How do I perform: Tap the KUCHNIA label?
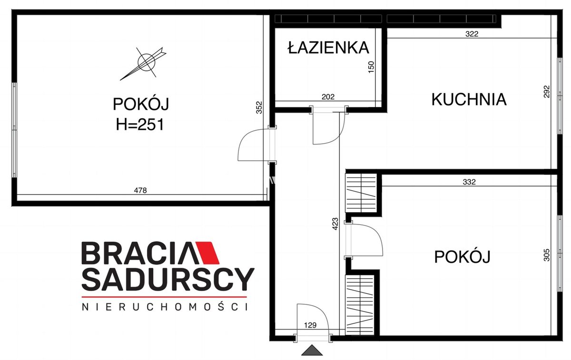(x=469, y=99)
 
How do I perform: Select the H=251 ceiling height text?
(x=140, y=125)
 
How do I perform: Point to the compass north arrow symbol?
(x=144, y=63)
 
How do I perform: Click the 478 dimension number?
(x=140, y=190)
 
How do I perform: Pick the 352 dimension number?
(x=259, y=107)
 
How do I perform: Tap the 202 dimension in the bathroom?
(x=328, y=97)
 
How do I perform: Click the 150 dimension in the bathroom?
(x=372, y=67)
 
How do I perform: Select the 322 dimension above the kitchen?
(x=472, y=34)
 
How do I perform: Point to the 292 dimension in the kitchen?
(x=547, y=91)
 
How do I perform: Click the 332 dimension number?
(x=469, y=182)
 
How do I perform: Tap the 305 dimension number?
(x=547, y=255)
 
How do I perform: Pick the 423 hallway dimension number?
(x=335, y=224)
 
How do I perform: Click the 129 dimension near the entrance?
(x=310, y=325)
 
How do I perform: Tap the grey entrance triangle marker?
(x=312, y=350)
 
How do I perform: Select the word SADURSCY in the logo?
(x=168, y=279)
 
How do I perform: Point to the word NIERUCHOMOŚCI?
(x=165, y=307)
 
